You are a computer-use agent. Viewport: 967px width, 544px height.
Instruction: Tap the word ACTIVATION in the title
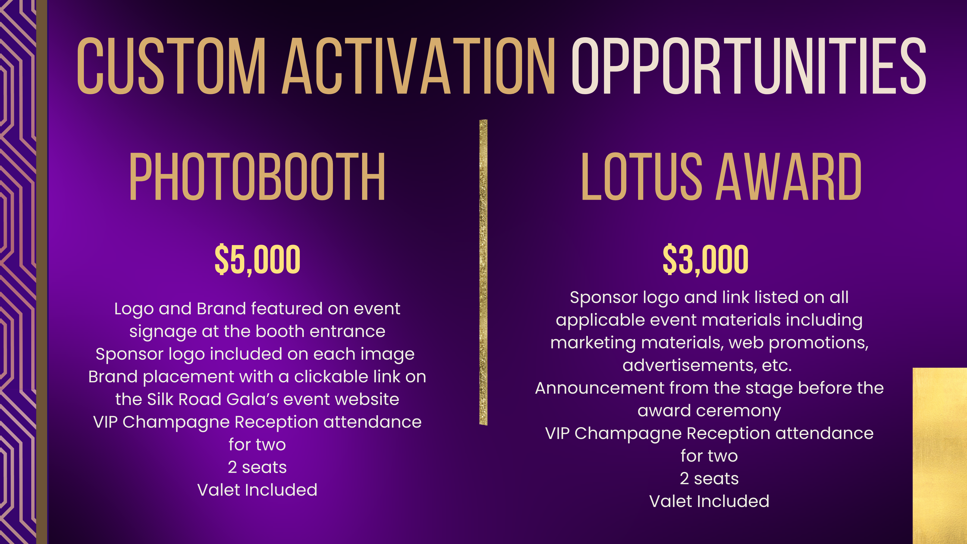point(419,66)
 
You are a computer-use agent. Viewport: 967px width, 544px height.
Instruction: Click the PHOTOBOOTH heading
point(257,177)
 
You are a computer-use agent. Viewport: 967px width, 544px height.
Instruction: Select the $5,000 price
point(258,259)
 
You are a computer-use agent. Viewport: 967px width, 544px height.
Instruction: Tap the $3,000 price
point(706,259)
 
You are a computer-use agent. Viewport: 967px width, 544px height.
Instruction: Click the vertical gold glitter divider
point(483,273)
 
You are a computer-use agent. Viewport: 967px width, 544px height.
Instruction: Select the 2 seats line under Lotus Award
point(709,479)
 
